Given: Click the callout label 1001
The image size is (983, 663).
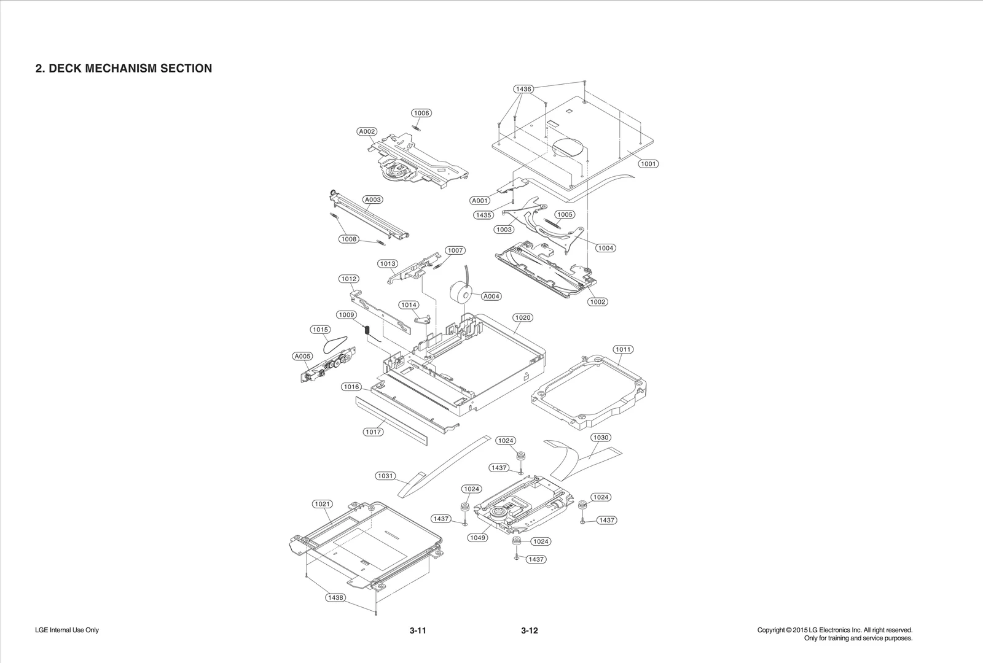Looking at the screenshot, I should point(648,164).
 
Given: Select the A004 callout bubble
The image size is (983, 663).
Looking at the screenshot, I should point(491,296).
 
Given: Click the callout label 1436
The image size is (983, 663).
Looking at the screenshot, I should point(523,89).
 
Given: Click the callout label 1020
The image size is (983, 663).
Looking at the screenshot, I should point(522,317).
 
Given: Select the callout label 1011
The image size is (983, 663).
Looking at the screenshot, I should point(623,349).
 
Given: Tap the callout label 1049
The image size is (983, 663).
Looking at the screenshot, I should point(477,537).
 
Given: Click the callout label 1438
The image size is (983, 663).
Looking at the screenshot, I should point(335,597).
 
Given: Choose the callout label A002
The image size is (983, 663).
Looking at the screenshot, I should point(367,131).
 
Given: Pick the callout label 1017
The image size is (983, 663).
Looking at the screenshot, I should point(373,432).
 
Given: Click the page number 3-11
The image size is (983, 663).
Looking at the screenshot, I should point(418,630).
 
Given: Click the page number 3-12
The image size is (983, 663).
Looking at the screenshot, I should point(529,630).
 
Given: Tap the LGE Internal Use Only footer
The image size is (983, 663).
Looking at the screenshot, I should point(67,630).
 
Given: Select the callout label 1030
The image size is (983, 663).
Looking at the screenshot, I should point(600,438).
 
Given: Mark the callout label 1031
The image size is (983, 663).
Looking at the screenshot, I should point(385,476).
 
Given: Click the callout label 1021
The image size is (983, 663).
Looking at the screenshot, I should point(322,504).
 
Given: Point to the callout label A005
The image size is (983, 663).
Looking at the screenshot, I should point(302,356).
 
